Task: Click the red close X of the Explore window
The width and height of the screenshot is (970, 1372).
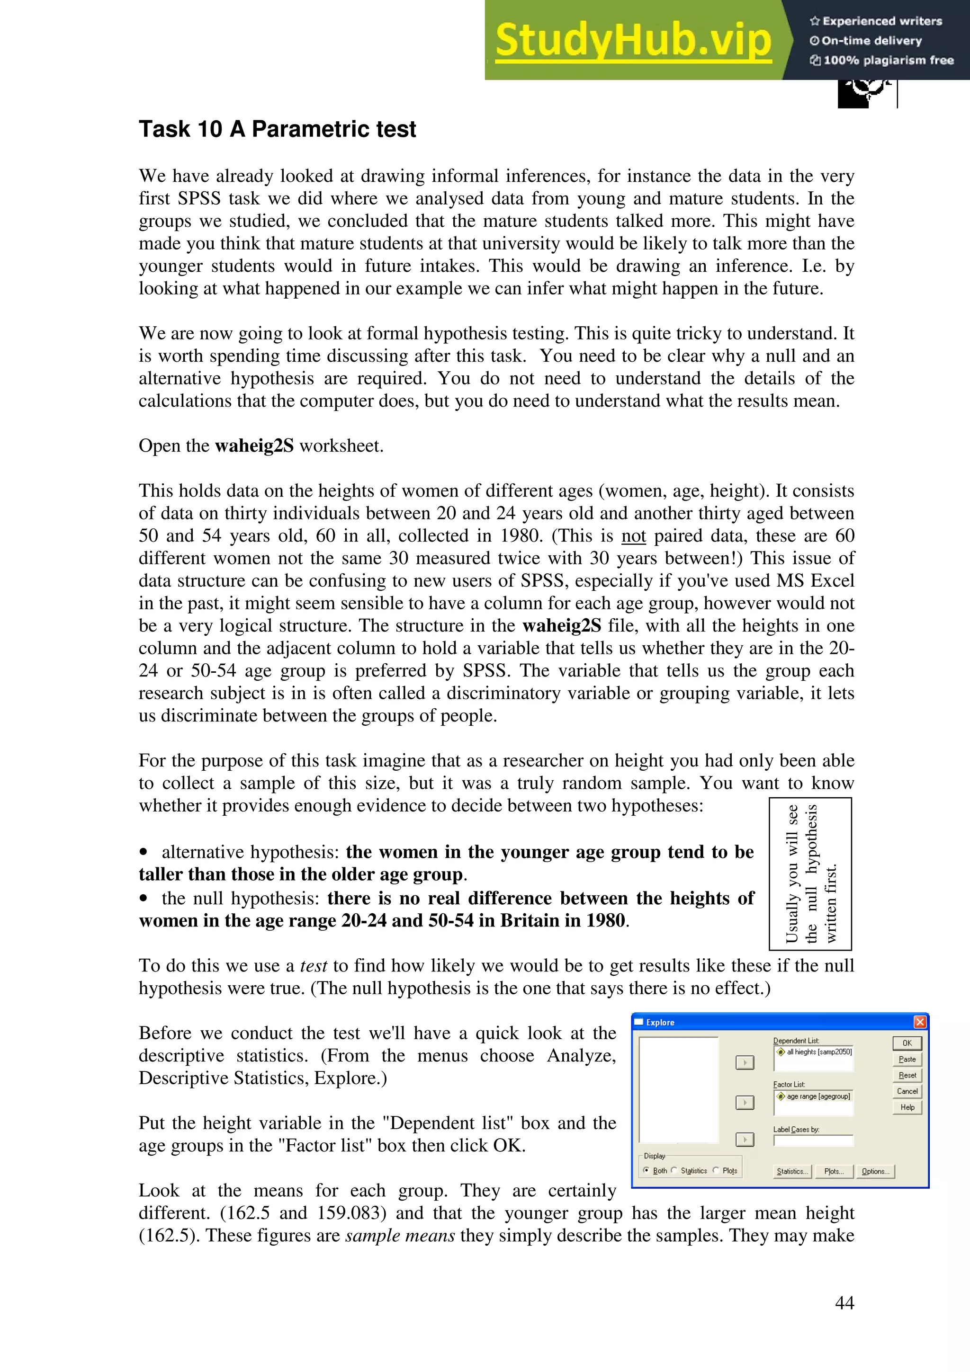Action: point(920,1022)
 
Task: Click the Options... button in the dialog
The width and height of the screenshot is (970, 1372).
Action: point(875,1171)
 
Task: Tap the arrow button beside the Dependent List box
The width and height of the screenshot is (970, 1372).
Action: point(744,1062)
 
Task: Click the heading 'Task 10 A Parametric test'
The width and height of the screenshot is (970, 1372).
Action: point(278,129)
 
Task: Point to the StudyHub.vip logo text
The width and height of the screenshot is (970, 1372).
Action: point(633,40)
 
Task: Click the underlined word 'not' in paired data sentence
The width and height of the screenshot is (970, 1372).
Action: point(634,535)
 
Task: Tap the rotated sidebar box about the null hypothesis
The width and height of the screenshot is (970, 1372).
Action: point(810,873)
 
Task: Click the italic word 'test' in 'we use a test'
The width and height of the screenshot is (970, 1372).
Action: point(313,966)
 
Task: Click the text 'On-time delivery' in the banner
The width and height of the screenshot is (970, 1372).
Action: point(871,41)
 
